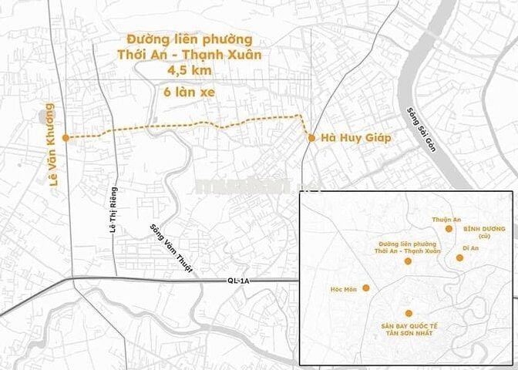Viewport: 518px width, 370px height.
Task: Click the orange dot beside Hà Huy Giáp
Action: tap(311, 138)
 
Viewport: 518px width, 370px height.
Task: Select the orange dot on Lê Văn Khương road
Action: tap(66, 137)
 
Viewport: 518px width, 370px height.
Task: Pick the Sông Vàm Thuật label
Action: tap(172, 247)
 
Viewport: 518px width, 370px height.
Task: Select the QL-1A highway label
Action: tap(240, 281)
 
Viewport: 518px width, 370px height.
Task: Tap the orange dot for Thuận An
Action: tap(449, 230)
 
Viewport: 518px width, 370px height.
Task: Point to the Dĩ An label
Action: tap(470, 248)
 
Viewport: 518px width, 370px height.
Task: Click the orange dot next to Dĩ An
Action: tap(459, 257)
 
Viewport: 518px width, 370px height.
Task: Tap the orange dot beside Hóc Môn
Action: tap(366, 288)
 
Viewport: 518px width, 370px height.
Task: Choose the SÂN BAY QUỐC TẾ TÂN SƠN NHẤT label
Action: tap(408, 329)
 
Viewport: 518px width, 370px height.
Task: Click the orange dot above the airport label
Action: tap(409, 313)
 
